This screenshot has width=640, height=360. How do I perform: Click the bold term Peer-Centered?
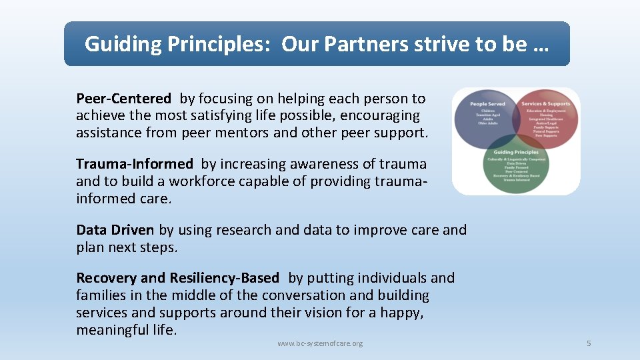click(123, 99)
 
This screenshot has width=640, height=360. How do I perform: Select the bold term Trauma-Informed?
click(134, 164)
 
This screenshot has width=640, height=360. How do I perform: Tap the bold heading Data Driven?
click(115, 230)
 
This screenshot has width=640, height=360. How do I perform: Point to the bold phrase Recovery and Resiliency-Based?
click(177, 278)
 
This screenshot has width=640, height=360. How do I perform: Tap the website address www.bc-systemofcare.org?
click(320, 343)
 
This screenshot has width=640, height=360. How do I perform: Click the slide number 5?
click(589, 343)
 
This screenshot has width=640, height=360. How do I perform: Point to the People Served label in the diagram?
click(487, 104)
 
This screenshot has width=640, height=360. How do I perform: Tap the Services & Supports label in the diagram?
click(546, 104)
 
